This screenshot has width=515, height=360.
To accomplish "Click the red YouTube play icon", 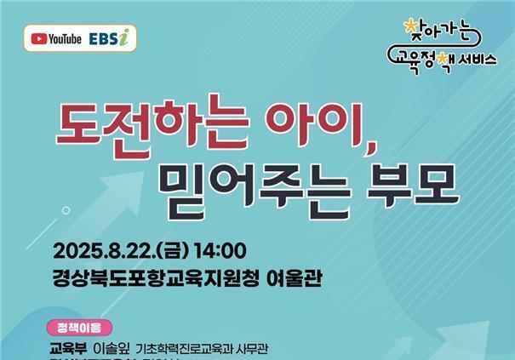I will point(39,38).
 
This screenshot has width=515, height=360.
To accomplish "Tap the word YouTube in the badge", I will point(65,38).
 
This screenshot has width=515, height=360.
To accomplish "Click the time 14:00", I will point(223,252).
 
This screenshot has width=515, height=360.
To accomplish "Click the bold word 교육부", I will point(70,347).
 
